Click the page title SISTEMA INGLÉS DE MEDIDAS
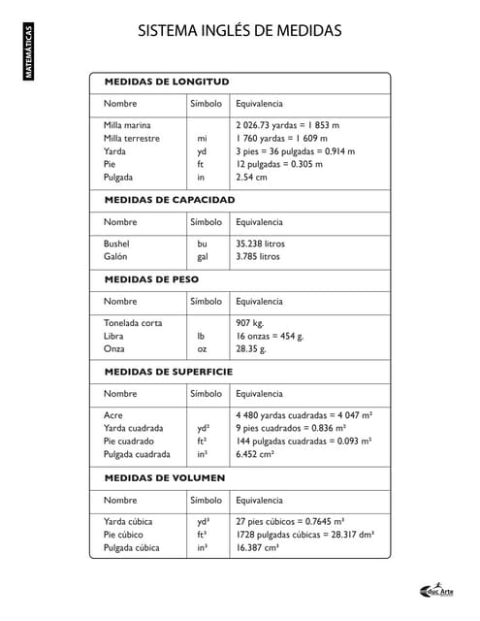coord(240,31)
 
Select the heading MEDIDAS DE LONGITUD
coord(167,82)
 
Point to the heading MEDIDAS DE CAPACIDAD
coord(170,200)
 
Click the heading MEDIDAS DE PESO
coord(151,278)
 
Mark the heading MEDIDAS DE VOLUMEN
coord(165,478)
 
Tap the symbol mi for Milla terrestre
coord(202,139)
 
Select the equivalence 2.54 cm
coord(251,178)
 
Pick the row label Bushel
coord(116,244)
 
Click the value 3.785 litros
coord(258,257)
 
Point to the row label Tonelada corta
coord(133,322)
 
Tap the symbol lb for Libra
coord(202,336)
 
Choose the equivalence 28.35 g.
coord(251,348)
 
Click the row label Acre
coord(113,415)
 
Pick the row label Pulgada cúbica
coord(132,547)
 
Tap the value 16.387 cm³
coord(258,547)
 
